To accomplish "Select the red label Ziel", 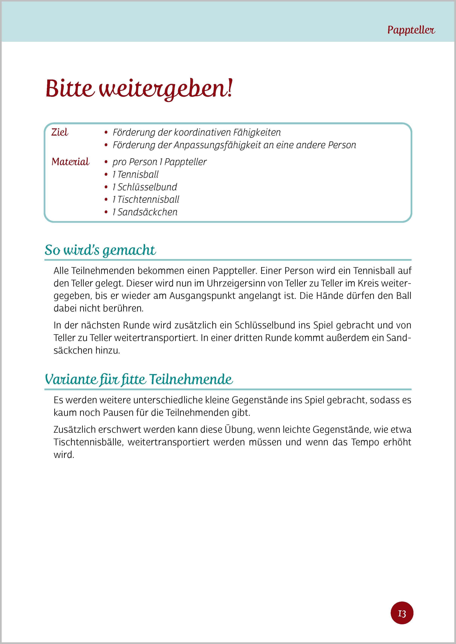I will point(59,132).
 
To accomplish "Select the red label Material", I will point(70,162).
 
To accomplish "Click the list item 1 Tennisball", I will point(135,174).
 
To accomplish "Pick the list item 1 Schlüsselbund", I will point(145,187).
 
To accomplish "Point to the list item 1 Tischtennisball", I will point(146,199).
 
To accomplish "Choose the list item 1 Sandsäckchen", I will point(145,212).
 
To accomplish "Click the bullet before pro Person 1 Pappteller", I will point(106,162).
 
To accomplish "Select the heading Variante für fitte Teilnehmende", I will point(139,380).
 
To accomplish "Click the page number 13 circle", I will point(402,614).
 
